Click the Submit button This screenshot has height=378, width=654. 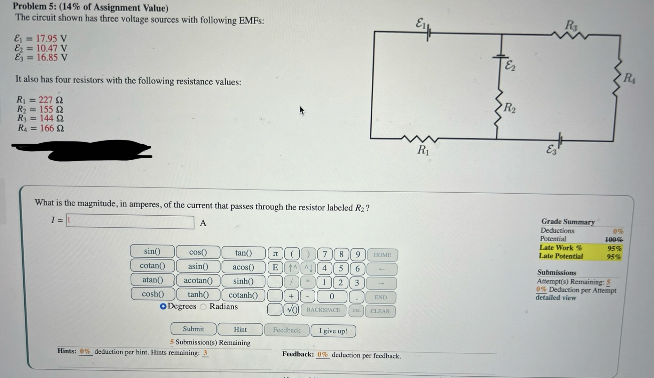[x=194, y=329]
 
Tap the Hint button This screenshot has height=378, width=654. [x=240, y=329]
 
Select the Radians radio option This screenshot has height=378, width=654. [x=204, y=307]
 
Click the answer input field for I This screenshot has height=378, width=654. [x=130, y=222]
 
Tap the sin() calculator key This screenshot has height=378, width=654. [x=152, y=251]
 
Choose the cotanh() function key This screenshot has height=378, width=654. [x=243, y=295]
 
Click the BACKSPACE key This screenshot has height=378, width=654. [x=323, y=310]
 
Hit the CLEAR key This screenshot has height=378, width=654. [x=380, y=311]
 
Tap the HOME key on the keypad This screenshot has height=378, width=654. [x=382, y=255]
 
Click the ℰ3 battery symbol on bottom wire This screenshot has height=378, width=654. [x=559, y=140]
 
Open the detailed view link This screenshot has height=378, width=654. [x=555, y=298]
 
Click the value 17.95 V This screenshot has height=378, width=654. [x=52, y=38]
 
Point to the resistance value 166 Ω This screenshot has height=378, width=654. [x=52, y=128]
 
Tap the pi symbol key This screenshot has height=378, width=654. [x=275, y=254]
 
